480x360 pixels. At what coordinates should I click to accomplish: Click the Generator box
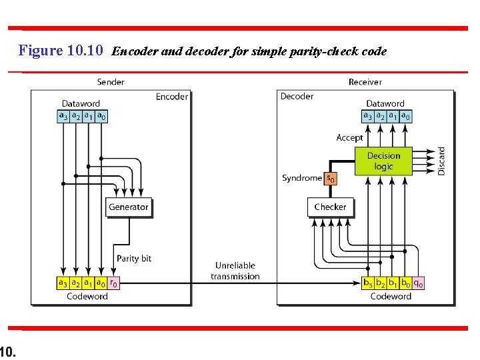pos(129,207)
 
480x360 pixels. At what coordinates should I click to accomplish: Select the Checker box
pos(330,207)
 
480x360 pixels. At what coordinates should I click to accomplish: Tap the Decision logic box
pos(383,161)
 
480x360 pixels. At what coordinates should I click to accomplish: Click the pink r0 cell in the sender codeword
pos(114,283)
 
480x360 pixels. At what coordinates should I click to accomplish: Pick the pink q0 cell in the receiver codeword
pos(419,283)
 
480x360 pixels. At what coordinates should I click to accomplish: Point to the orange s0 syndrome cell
pos(329,179)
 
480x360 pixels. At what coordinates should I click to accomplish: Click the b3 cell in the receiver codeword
pos(367,283)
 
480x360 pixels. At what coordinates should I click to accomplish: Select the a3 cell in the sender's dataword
pos(63,116)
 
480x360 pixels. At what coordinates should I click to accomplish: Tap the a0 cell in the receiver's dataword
pos(405,116)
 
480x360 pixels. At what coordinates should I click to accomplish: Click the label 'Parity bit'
pos(133,259)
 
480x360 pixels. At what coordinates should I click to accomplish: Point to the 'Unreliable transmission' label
pos(235,271)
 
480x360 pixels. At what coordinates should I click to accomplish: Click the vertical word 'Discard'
pos(441,161)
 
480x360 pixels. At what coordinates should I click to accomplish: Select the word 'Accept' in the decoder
pos(350,138)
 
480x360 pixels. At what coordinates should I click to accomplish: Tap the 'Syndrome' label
pos(302,178)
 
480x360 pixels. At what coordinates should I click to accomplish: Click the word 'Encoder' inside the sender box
pos(171,97)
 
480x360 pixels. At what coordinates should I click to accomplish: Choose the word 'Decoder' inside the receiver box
pos(297,97)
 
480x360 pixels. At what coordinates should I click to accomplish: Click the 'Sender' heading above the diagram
pos(111,82)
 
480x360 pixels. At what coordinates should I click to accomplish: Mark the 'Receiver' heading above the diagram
pos(365,82)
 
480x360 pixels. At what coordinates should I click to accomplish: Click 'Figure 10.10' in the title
pos(61,51)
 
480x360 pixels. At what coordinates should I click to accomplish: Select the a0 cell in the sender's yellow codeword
pos(100,283)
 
